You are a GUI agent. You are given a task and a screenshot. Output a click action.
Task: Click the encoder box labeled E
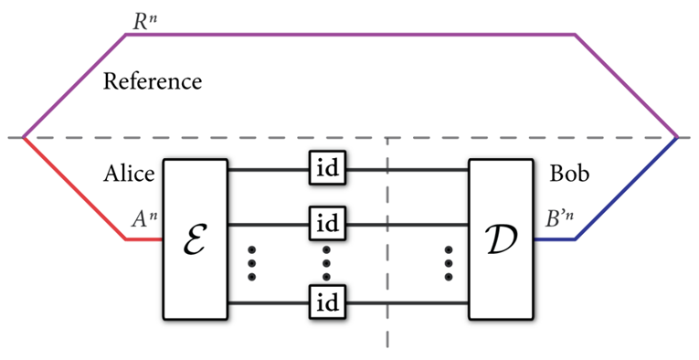pyautogui.click(x=195, y=238)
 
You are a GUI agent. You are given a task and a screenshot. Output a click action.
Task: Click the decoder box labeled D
pyautogui.click(x=501, y=238)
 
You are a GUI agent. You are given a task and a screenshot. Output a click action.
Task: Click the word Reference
pyautogui.click(x=152, y=81)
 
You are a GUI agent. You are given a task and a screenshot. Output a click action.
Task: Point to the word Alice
pyautogui.click(x=129, y=175)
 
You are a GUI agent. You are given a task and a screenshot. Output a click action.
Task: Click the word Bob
pyautogui.click(x=569, y=175)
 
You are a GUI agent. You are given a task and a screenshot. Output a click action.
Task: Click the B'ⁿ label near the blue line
pyautogui.click(x=559, y=219)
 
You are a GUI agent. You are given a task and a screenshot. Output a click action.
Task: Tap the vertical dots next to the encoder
pyautogui.click(x=252, y=263)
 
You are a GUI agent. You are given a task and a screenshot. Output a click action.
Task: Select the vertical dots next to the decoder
pyautogui.click(x=449, y=263)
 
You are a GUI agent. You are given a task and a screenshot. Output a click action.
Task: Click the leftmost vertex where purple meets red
pyautogui.click(x=23, y=138)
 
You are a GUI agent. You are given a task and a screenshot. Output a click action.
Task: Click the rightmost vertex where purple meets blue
pyautogui.click(x=677, y=138)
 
